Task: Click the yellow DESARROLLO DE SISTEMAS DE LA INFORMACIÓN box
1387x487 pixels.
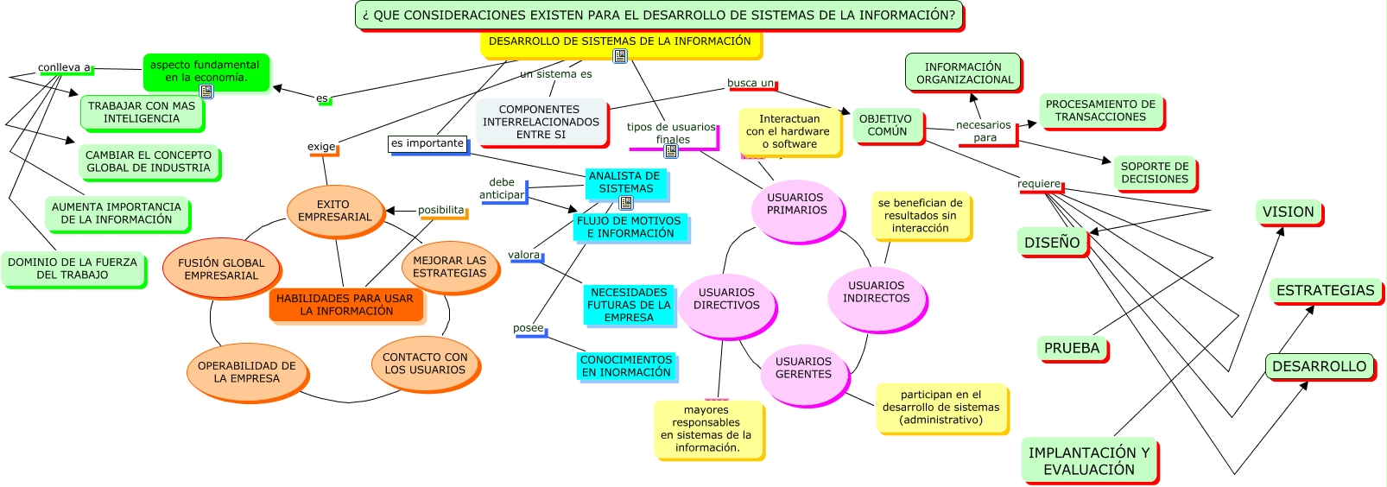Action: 620,41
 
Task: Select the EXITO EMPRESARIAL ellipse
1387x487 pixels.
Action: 333,211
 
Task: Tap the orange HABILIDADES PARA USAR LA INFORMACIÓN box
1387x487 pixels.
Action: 345,305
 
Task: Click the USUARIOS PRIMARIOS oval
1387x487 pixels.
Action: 796,205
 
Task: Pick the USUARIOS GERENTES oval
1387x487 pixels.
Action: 803,369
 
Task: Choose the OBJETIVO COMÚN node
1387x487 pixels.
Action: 885,125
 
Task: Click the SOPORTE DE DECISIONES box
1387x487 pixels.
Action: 1154,173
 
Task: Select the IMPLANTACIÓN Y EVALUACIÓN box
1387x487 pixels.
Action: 1088,461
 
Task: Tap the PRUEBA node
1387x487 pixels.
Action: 1071,348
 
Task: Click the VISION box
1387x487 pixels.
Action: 1288,212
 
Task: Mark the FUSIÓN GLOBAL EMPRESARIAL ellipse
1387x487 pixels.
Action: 221,269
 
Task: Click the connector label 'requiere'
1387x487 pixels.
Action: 1039,184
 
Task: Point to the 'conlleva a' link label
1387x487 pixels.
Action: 64,67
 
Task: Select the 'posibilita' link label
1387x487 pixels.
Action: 441,210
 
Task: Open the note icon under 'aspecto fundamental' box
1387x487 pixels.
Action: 206,91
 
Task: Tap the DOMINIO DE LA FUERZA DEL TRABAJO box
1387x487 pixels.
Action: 73,269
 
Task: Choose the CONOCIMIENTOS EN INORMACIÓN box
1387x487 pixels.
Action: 625,366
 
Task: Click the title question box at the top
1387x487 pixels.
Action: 658,16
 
